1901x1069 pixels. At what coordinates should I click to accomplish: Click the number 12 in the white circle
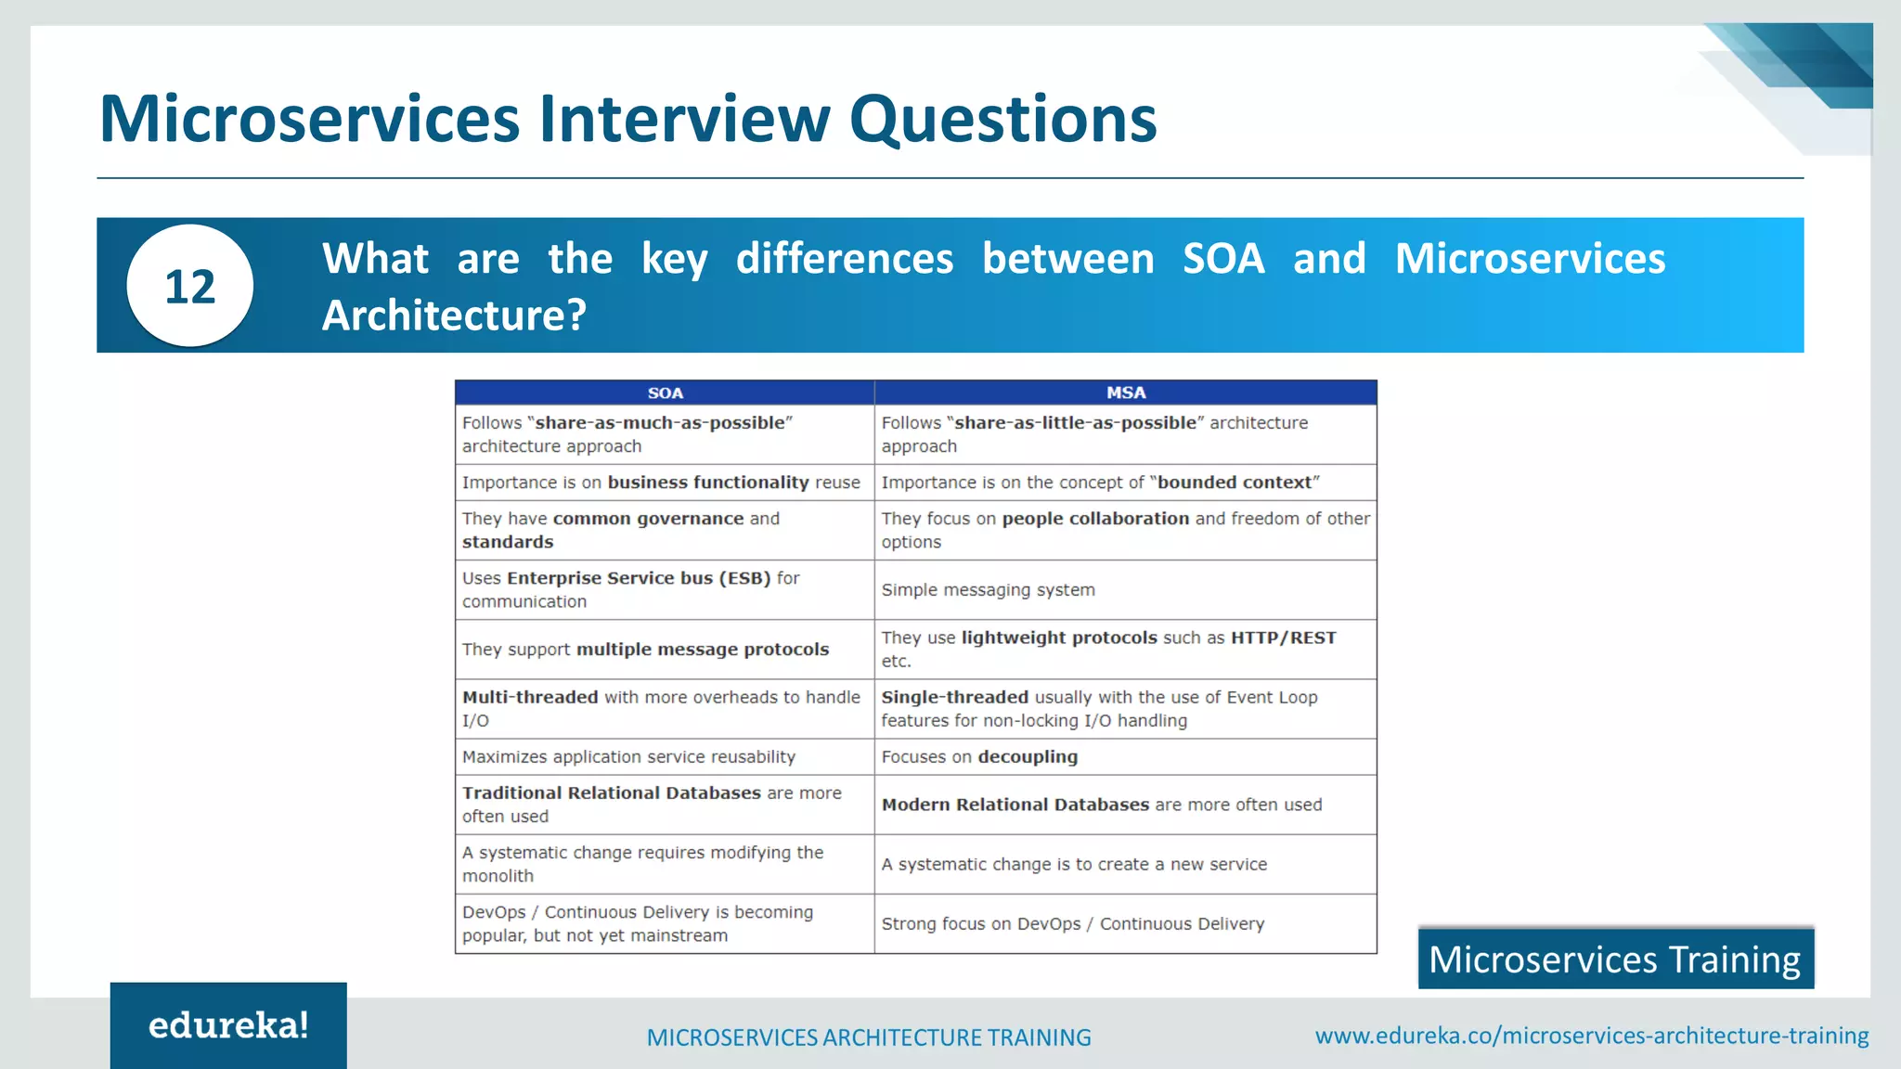[x=189, y=286]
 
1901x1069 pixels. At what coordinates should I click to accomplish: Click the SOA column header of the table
[x=665, y=393]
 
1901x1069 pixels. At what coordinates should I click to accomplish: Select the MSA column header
[x=1125, y=393]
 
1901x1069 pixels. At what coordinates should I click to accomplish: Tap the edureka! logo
[x=228, y=1025]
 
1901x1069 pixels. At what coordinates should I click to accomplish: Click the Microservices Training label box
[x=1615, y=959]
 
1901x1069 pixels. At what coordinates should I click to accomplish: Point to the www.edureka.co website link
[x=1591, y=1036]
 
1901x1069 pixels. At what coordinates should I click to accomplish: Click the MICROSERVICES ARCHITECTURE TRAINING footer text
[x=869, y=1037]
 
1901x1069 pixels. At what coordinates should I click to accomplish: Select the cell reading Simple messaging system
[x=988, y=590]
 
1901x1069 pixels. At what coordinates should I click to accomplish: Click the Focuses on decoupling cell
[x=979, y=757]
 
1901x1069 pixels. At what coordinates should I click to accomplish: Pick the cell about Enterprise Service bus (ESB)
[x=631, y=589]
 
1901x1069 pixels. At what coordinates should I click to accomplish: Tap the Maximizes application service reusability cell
[x=628, y=757]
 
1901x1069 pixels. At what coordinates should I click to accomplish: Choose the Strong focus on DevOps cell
[x=1072, y=924]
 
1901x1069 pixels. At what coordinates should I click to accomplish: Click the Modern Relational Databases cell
[x=1101, y=805]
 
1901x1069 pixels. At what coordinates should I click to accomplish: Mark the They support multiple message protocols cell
[x=645, y=650]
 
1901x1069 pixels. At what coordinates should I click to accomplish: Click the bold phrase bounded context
[x=1234, y=483]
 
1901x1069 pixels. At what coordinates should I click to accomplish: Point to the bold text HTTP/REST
[x=1283, y=638]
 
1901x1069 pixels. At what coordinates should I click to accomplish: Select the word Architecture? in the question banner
[x=454, y=316]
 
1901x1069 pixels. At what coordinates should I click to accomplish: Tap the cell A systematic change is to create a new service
[x=1073, y=865]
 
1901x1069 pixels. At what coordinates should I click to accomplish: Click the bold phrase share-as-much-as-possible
[x=660, y=423]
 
